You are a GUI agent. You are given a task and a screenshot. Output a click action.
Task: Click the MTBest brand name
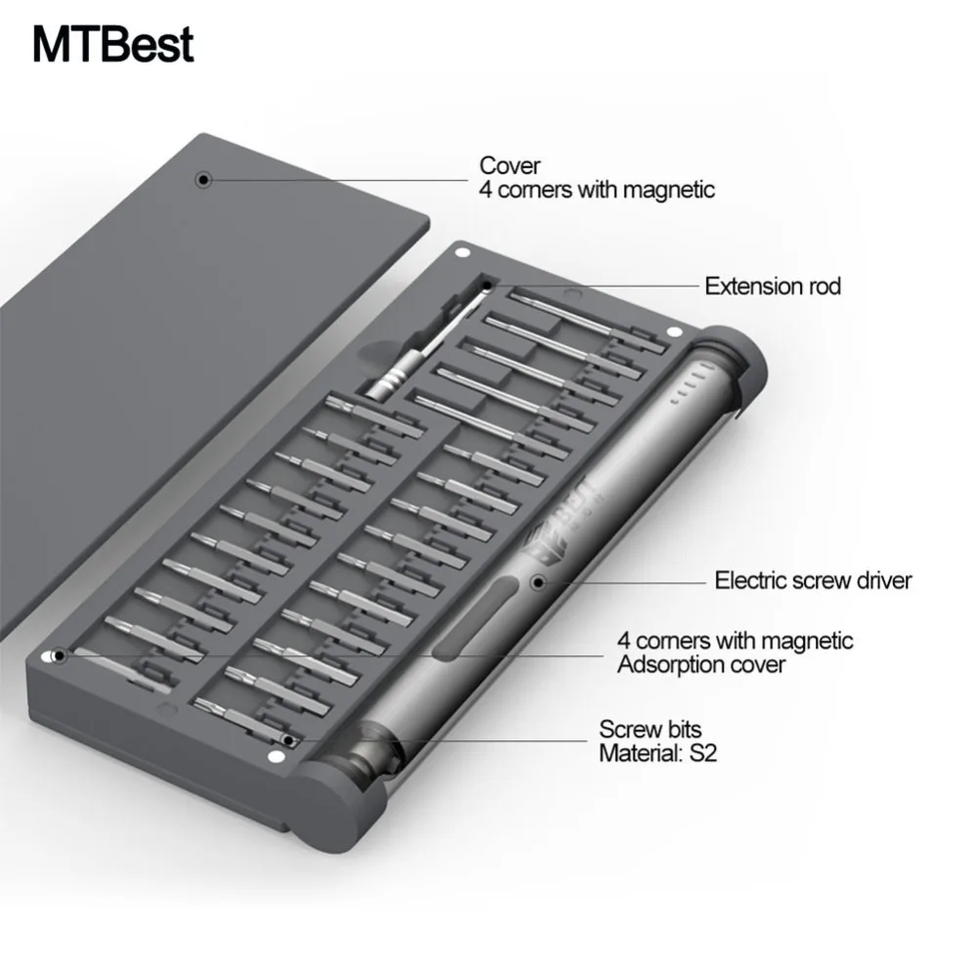pos(112,44)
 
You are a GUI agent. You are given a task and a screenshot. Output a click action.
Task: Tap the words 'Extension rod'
pos(773,287)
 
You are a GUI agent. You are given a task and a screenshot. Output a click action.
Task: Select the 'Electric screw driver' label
pos(814,581)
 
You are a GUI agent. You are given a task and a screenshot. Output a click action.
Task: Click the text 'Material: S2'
pos(658,753)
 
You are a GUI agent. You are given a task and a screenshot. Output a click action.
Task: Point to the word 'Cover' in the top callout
pos(510,166)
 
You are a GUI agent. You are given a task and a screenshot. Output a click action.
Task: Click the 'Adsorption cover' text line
pos(701,665)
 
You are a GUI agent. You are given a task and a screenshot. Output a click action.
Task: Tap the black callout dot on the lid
pos(203,180)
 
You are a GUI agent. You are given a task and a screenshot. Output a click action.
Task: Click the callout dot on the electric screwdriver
pos(539,583)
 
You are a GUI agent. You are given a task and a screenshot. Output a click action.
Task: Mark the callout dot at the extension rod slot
pos(487,286)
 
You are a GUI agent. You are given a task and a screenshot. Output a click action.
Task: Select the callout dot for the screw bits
pos(288,740)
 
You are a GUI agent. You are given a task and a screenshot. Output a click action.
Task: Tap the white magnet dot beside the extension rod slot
pos(463,252)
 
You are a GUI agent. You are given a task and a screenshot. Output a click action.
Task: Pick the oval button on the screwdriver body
pos(475,618)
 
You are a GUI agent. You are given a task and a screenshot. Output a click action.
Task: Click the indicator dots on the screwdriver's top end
pos(691,385)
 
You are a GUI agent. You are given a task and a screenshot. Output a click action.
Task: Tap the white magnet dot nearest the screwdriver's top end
pos(674,333)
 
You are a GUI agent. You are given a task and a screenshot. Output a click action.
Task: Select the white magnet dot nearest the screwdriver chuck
pos(275,757)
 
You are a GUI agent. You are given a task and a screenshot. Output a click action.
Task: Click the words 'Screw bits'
pos(650,730)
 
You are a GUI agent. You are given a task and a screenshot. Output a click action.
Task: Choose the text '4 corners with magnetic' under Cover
pos(597,190)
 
